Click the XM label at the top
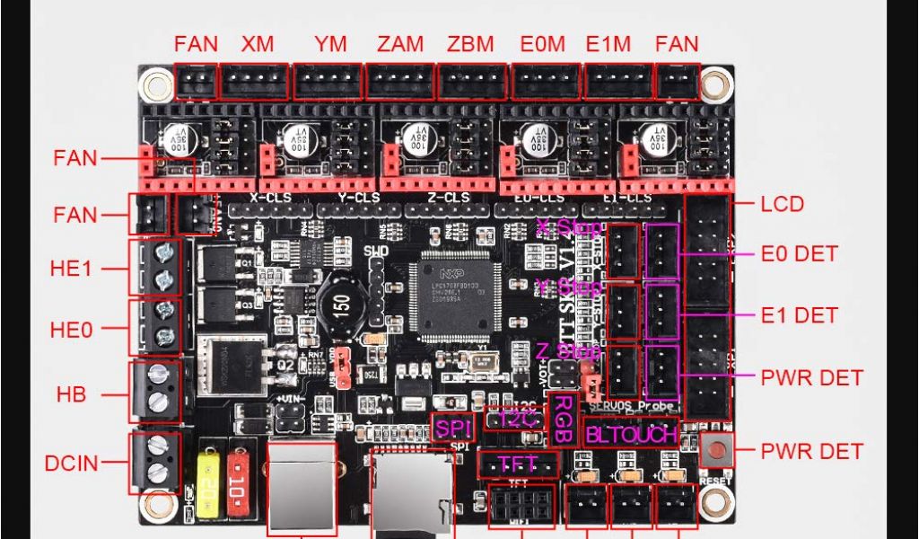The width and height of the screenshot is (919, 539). coord(258,43)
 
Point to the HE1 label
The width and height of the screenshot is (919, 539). coord(71,269)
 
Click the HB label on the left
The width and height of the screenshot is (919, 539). coord(71,393)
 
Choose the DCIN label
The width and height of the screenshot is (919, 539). coord(72,464)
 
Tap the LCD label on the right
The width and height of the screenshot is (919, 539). coord(782,204)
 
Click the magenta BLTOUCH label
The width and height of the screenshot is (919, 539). coord(631,434)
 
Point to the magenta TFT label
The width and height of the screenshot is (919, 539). coord(518,464)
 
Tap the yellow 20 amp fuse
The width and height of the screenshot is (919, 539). coord(208,491)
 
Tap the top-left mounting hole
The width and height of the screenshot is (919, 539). coord(159,86)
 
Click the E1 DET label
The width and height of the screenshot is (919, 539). coord(799,315)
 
